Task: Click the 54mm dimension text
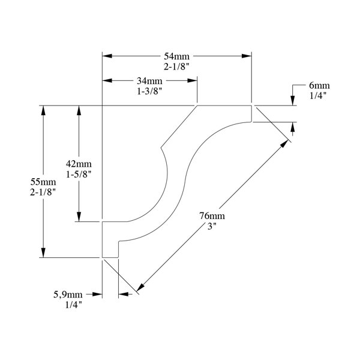176,56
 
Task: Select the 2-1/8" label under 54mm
176,66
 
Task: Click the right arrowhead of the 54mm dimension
247,56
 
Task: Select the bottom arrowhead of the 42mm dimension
78,217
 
